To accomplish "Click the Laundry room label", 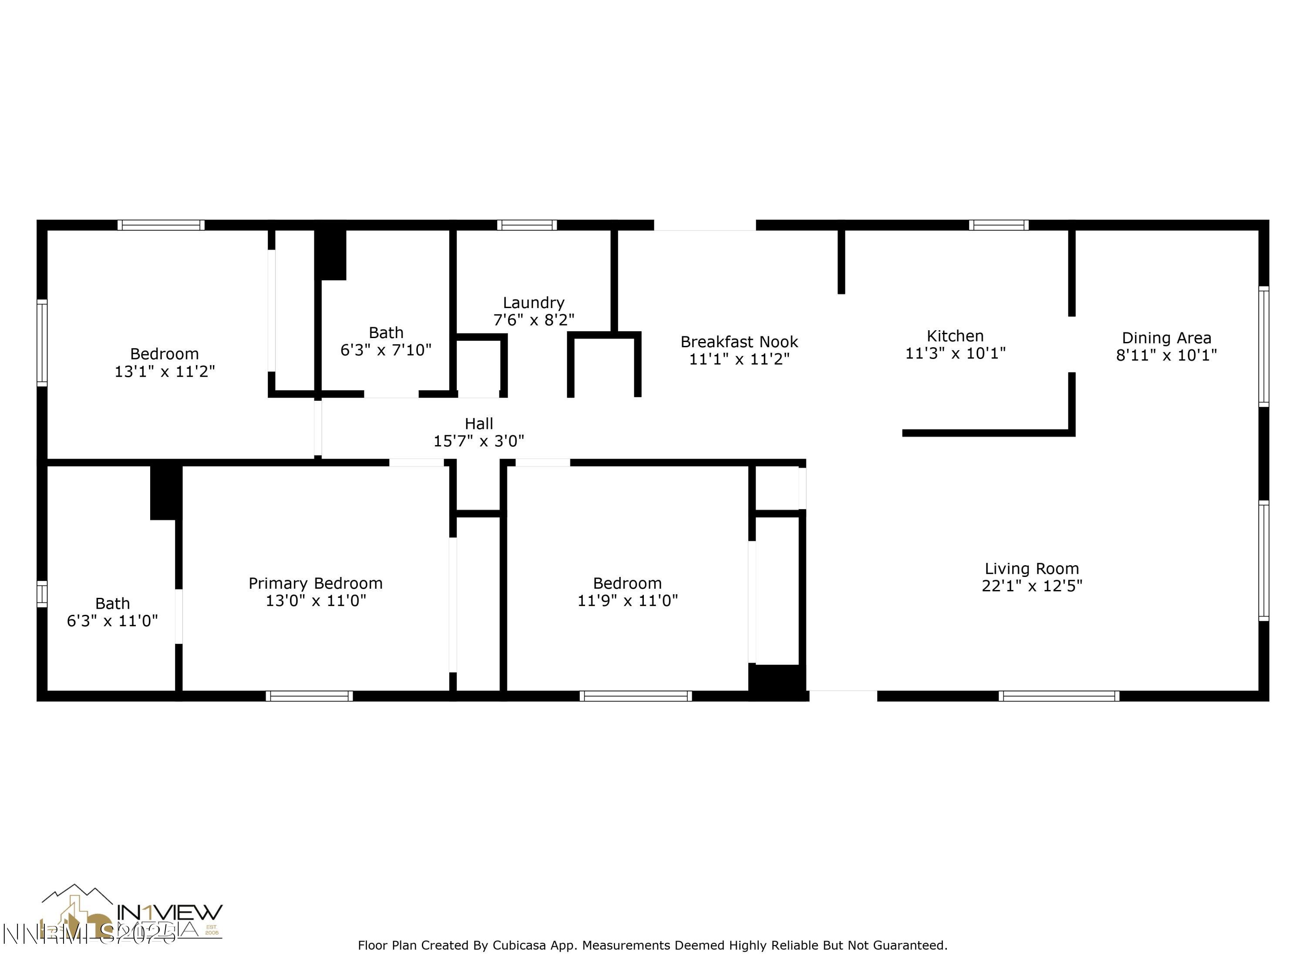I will click(x=533, y=303).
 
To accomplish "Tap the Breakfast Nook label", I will click(x=739, y=342).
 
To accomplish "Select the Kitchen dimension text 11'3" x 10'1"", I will click(x=955, y=353).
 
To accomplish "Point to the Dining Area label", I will click(x=1166, y=338).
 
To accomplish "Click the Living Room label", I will click(x=1031, y=569).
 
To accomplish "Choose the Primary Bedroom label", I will click(x=315, y=583).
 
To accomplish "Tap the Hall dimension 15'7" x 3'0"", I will click(x=478, y=441).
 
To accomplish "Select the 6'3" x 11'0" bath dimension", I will click(x=112, y=621).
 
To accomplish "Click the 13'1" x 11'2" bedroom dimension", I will click(x=164, y=372).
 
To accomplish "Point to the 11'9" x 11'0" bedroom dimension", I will click(x=627, y=601).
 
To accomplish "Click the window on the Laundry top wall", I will click(x=527, y=225).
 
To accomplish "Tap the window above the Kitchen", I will click(x=998, y=225).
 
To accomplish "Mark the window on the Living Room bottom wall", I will click(x=1059, y=696).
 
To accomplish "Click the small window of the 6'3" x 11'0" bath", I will click(x=42, y=593).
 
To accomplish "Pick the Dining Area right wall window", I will click(x=1263, y=346).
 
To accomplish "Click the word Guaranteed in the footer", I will click(x=909, y=945).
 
